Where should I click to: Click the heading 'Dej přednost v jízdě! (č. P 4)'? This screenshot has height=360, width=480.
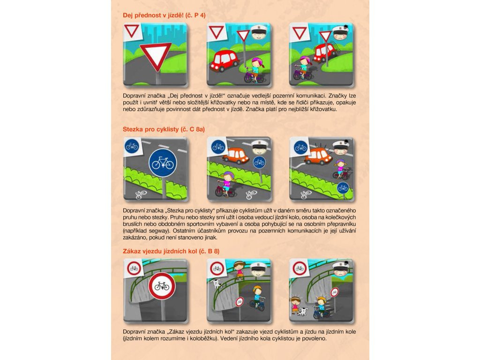pos(164,15)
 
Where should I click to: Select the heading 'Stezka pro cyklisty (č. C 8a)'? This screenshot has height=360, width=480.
pos(164,129)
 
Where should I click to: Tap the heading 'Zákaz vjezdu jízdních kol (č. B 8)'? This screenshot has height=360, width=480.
pos(171,251)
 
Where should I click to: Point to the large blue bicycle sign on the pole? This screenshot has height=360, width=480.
pos(163,163)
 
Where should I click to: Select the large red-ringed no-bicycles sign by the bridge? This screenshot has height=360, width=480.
pos(162,286)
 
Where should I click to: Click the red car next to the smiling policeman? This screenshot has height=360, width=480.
pos(224,60)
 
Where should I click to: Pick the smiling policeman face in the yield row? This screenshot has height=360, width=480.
pos(259,33)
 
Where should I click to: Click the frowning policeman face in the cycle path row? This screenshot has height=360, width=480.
pos(341,148)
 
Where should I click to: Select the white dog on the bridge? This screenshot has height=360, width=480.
pos(217,284)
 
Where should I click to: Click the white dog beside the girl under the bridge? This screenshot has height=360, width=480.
pos(303,312)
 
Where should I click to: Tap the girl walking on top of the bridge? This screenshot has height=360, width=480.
pos(239,270)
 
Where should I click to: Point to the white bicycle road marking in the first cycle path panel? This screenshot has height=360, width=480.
pos(141,194)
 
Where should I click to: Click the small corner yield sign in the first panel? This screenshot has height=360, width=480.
pos(132,31)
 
